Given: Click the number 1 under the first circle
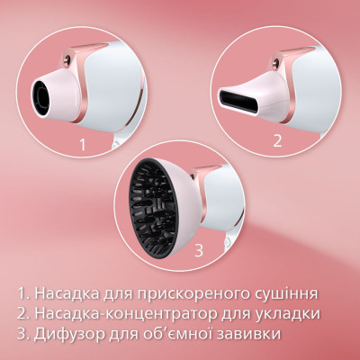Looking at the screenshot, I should pos(83,142).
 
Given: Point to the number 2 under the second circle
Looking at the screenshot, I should pos(278,139).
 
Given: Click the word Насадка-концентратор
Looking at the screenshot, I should pos(123,314).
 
